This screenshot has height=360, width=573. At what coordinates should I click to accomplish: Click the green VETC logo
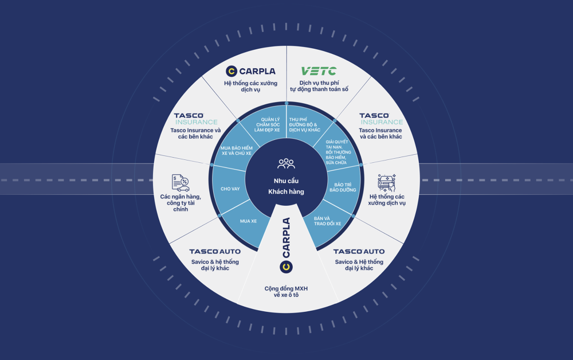click(x=319, y=71)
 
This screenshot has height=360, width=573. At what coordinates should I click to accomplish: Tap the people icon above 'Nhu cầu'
click(x=286, y=164)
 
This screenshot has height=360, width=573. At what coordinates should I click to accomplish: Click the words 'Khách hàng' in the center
click(x=286, y=191)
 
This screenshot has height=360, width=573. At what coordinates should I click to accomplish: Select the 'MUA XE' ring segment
click(x=248, y=221)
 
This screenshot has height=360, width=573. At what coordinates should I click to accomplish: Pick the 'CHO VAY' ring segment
click(x=230, y=189)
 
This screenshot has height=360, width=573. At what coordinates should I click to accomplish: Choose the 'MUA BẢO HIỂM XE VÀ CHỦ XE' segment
click(x=237, y=151)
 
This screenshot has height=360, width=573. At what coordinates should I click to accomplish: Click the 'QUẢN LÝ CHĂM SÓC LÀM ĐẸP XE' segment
click(x=267, y=124)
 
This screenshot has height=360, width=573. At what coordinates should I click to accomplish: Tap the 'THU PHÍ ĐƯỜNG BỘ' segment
click(x=304, y=124)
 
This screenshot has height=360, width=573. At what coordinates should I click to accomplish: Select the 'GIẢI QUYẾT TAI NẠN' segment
click(x=336, y=152)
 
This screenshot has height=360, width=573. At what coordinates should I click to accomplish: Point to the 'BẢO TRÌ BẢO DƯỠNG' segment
click(x=343, y=187)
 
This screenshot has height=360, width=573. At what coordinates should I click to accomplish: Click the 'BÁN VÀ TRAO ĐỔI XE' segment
click(x=327, y=221)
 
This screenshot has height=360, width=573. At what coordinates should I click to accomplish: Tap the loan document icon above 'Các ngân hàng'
click(x=180, y=183)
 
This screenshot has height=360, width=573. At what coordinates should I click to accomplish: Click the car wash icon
click(x=387, y=183)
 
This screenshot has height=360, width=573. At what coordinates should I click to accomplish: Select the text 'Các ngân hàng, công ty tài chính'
click(x=180, y=203)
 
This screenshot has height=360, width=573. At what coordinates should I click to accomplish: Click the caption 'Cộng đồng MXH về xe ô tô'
click(x=286, y=292)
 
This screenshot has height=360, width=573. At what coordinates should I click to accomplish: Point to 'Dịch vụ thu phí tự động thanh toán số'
click(x=319, y=86)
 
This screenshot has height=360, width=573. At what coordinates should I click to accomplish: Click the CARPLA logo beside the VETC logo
click(x=251, y=71)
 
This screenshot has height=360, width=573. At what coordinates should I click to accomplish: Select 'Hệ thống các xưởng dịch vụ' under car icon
click(x=387, y=200)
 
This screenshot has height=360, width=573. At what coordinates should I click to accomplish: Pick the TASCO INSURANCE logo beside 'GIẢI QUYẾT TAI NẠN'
click(x=381, y=119)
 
